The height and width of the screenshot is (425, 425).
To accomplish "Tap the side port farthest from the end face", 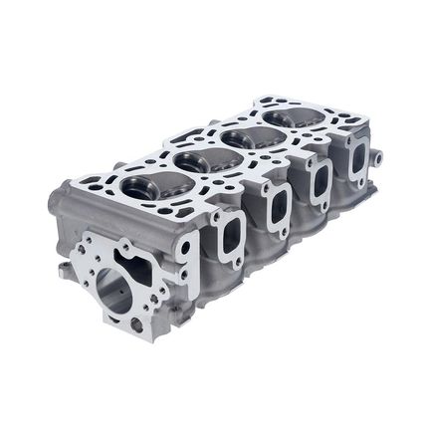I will (356, 158).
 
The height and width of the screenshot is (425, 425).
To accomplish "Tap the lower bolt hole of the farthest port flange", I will (365, 182).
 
